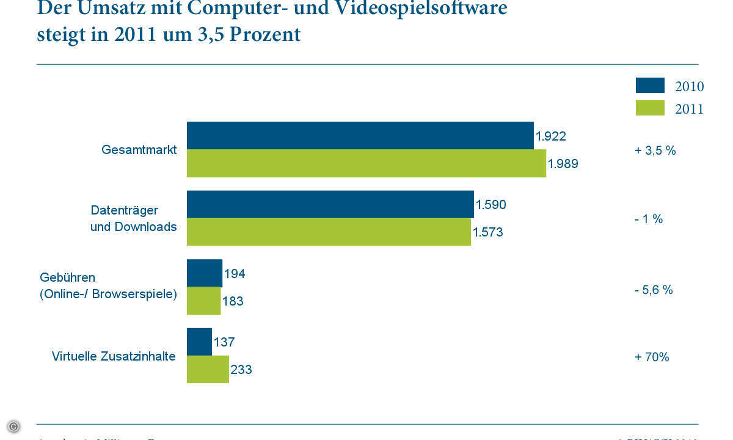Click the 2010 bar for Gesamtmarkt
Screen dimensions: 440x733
(x=360, y=135)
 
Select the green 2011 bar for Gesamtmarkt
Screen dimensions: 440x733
(x=366, y=163)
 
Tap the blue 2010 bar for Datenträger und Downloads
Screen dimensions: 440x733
(x=330, y=204)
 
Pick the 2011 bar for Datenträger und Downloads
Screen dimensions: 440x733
(x=329, y=232)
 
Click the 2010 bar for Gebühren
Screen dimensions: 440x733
(x=204, y=273)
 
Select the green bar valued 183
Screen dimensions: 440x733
(x=203, y=301)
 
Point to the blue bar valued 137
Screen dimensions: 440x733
(x=199, y=342)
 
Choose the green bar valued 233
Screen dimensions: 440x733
(x=208, y=369)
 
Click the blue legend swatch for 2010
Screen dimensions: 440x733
(x=650, y=86)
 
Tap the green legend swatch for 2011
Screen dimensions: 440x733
(x=650, y=108)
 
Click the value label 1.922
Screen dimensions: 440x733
(x=550, y=136)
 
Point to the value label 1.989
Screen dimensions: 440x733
(x=563, y=164)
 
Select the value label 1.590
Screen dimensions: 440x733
(x=490, y=205)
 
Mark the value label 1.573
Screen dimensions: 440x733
(x=487, y=232)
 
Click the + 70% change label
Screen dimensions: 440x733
(x=652, y=357)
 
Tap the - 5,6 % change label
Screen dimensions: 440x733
(x=654, y=290)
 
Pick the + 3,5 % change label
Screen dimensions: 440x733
(x=655, y=150)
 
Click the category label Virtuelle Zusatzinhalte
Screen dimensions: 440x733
(x=114, y=356)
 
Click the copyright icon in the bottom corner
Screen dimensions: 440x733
(x=13, y=427)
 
